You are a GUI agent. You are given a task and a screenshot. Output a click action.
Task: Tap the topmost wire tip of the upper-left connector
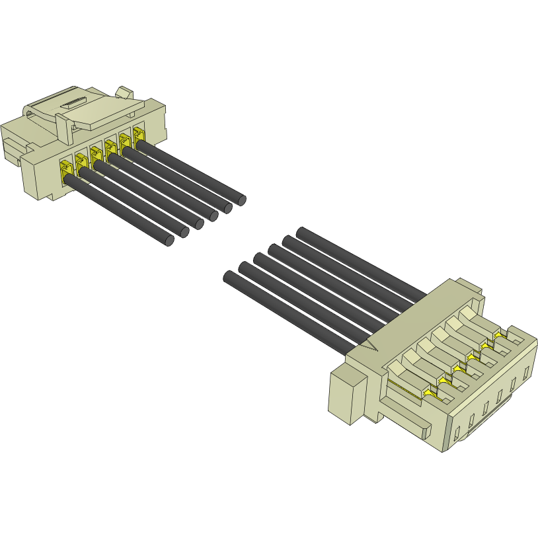pyautogui.click(x=241, y=199)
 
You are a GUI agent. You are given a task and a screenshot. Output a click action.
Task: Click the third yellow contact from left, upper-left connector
pyautogui.click(x=96, y=153)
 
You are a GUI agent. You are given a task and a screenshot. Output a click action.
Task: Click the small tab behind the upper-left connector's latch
pyautogui.click(x=124, y=92)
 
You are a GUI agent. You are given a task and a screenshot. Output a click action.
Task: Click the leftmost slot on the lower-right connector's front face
pyautogui.click(x=457, y=433)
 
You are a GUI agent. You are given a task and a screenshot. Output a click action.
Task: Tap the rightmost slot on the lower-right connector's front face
pyautogui.click(x=527, y=372)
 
